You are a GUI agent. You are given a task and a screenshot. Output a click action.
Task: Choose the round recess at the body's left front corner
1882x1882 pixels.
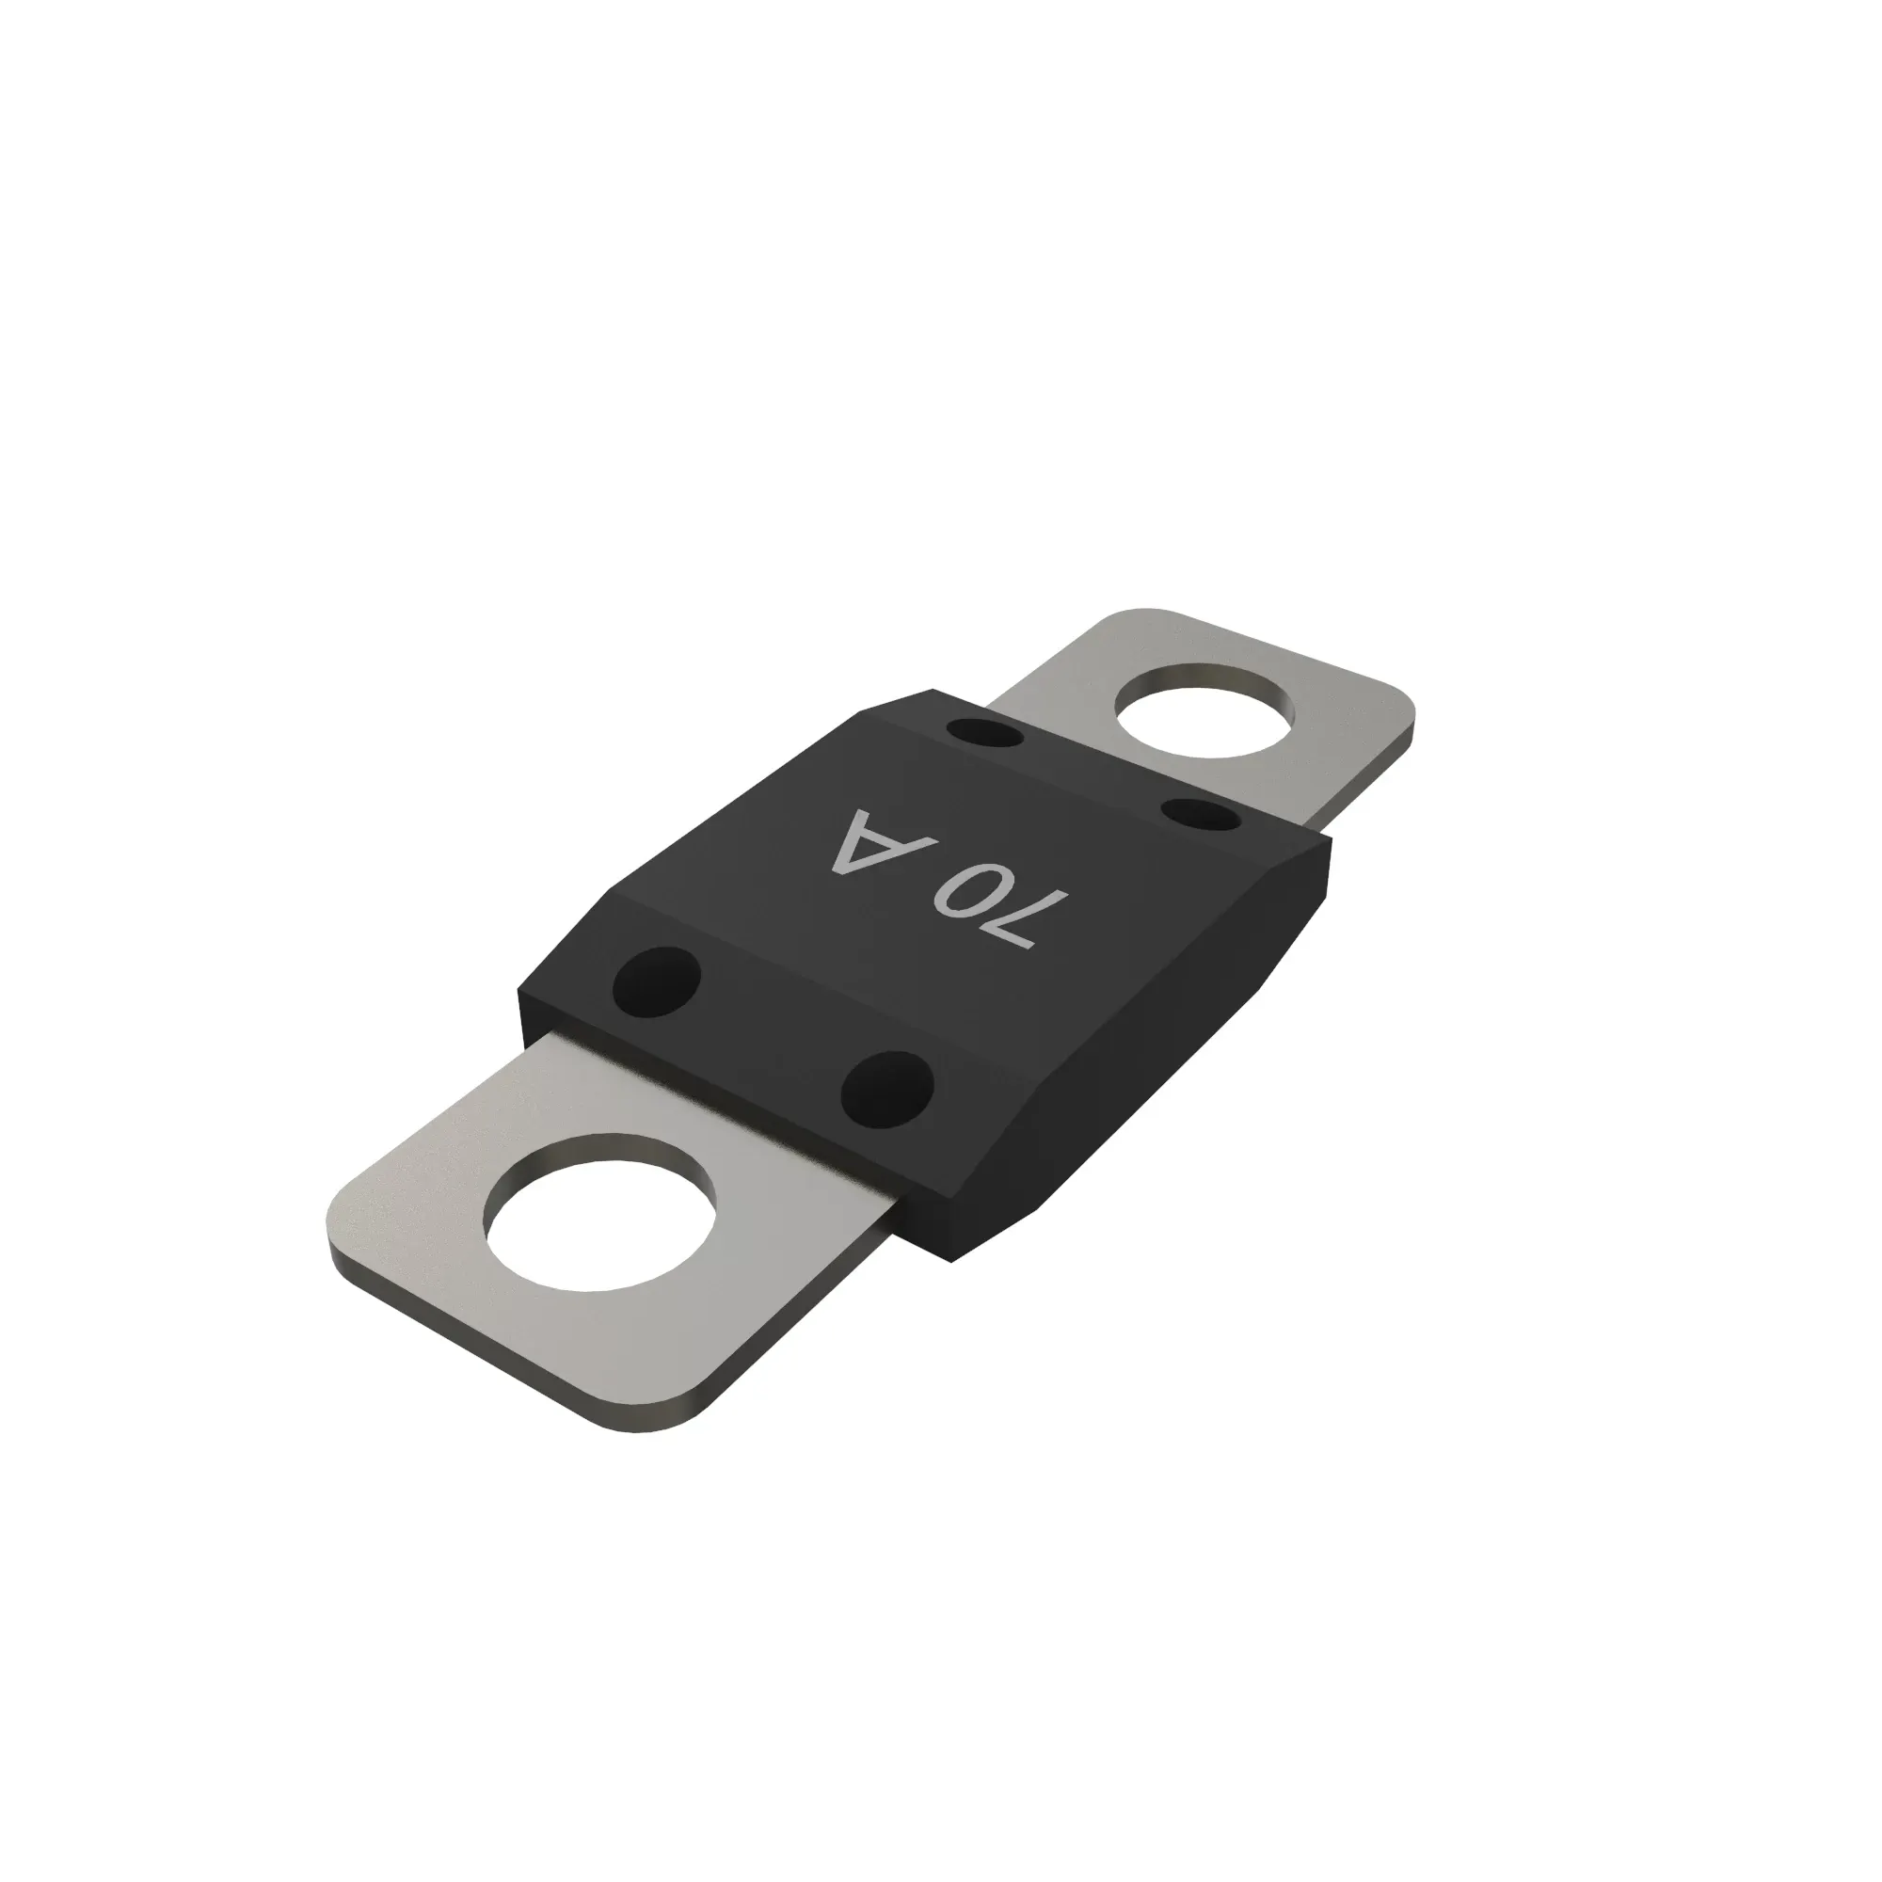pyautogui.click(x=657, y=981)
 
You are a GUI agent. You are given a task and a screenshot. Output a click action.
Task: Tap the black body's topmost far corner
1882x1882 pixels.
pyautogui.click(x=933, y=692)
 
